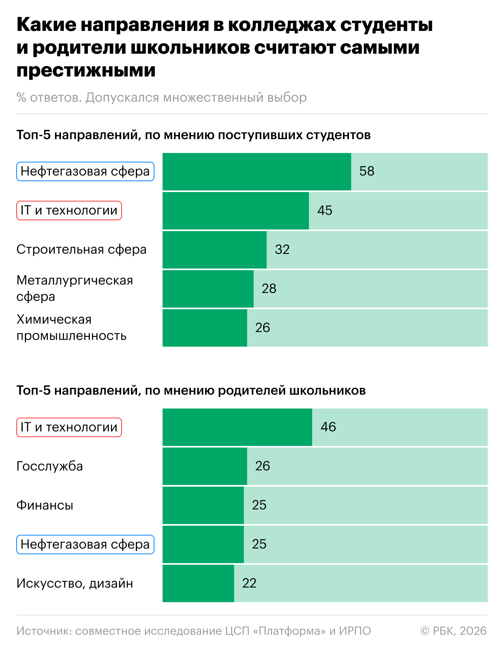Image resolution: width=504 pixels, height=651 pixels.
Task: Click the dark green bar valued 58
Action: coord(256,171)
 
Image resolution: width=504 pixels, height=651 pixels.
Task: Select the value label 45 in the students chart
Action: coord(325,210)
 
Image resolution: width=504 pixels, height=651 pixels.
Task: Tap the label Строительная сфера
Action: coord(81,249)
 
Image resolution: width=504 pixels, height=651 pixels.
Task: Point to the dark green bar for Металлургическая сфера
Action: coord(208,288)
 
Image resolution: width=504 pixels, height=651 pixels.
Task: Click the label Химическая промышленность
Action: coord(71,328)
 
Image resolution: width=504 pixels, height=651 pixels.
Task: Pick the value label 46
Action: coord(328,427)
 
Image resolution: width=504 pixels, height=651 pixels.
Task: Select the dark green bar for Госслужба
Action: coord(204,466)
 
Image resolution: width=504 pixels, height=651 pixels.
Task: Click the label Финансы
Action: coord(45,505)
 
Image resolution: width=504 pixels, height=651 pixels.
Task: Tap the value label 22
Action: coord(249,583)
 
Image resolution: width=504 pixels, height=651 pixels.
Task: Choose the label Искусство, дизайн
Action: coord(74,583)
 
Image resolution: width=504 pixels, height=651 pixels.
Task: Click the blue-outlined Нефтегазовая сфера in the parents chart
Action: coord(85,544)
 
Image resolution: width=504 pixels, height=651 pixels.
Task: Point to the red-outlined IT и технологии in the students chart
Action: coord(69,210)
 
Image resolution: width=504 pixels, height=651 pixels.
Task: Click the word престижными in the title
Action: coord(86,70)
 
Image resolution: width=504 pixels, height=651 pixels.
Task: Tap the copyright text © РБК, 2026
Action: coord(453,631)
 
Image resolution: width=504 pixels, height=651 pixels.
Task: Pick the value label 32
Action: coord(282,249)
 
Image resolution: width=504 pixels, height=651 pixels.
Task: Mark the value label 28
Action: coord(269,288)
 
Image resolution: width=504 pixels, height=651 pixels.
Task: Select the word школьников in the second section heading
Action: coord(327,391)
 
